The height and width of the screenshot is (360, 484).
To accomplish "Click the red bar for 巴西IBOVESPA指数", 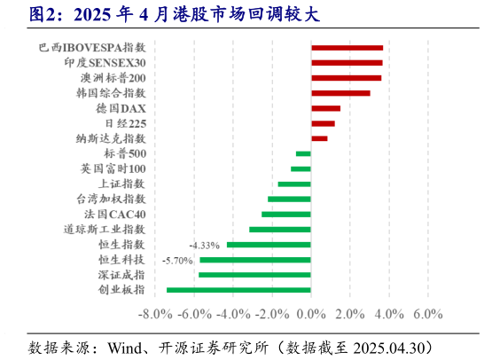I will tap(347, 48).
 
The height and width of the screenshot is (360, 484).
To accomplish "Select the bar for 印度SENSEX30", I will tap(347, 63).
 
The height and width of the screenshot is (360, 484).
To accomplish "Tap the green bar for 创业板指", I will tap(238, 290).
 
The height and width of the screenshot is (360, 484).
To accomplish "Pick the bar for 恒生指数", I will tap(269, 245).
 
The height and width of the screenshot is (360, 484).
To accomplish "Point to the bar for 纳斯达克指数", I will tap(319, 138).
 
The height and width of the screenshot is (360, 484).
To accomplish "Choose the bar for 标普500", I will tap(303, 153).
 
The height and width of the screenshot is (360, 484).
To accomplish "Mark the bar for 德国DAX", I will tap(325, 108).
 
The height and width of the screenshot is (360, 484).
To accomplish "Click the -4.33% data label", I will tap(204, 245).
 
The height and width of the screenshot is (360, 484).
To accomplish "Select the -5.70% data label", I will tap(177, 260).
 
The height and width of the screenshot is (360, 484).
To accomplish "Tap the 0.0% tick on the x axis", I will tap(310, 314).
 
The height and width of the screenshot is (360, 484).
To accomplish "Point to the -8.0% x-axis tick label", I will tap(156, 314).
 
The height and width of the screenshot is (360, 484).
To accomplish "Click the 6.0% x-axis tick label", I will tap(428, 314).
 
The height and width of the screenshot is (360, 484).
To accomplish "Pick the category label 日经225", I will tap(125, 123).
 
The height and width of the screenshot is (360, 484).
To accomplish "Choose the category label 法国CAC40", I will tap(115, 214).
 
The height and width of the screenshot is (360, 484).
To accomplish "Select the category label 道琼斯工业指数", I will tap(105, 229).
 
